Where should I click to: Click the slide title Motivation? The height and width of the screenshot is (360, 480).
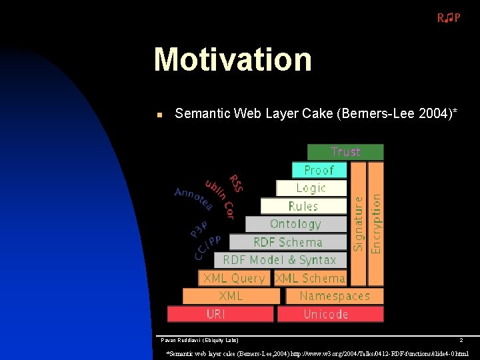coord(233,59)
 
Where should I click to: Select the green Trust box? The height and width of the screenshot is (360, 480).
coord(345,152)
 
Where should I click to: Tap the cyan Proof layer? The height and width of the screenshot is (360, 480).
coord(319,170)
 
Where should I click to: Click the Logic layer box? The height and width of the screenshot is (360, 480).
coord(311,188)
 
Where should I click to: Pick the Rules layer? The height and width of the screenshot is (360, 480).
coord(303,206)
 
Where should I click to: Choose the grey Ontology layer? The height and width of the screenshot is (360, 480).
coord(295,224)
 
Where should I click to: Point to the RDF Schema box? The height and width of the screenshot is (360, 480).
coord(287,242)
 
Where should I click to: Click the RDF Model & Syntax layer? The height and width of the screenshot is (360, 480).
coord(279,260)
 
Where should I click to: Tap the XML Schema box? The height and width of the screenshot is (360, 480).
coord(310,278)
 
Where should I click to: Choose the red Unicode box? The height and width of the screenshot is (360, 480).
coord(330,314)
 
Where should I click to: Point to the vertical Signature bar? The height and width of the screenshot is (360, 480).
coord(358,223)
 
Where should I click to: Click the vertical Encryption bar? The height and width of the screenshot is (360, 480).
coord(376,223)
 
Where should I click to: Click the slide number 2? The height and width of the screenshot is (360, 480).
coord(461,340)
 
